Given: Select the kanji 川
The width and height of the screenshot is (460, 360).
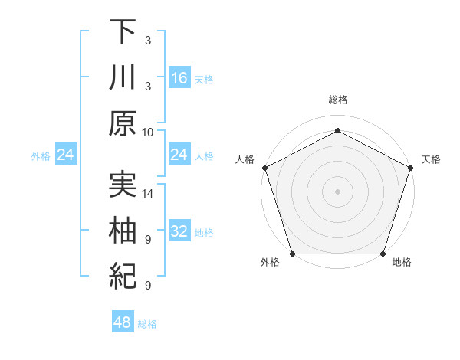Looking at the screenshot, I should pyautogui.click(x=123, y=77).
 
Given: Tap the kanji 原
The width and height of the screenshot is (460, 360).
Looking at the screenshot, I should pyautogui.click(x=123, y=123).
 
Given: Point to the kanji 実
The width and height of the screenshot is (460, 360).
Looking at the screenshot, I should pyautogui.click(x=123, y=185).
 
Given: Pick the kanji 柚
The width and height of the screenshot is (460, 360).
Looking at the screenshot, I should pyautogui.click(x=123, y=231).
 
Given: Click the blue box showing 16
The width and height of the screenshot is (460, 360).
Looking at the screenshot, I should pyautogui.click(x=179, y=77).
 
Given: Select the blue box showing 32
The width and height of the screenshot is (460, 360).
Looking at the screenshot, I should pyautogui.click(x=179, y=231).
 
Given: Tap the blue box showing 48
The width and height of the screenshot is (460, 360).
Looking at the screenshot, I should pyautogui.click(x=123, y=322).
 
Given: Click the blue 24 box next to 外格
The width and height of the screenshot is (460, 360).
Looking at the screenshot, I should pyautogui.click(x=65, y=155).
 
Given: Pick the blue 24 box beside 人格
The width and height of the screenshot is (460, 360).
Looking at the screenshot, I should pyautogui.click(x=179, y=155).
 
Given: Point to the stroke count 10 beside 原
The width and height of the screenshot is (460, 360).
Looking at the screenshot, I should pyautogui.click(x=149, y=132).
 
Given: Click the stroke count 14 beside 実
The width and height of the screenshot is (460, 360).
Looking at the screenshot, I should pyautogui.click(x=149, y=193).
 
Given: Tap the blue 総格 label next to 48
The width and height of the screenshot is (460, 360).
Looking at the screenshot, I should pyautogui.click(x=147, y=324).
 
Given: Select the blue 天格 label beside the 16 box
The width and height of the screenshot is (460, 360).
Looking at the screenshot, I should pyautogui.click(x=204, y=79).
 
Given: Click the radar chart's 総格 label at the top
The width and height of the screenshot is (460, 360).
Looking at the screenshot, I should pyautogui.click(x=337, y=100).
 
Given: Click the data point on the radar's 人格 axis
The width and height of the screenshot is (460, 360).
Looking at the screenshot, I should pyautogui.click(x=264, y=167).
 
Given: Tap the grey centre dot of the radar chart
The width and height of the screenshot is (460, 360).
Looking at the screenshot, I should pyautogui.click(x=337, y=191).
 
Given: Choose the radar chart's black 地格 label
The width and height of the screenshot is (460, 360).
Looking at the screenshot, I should pyautogui.click(x=402, y=263).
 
